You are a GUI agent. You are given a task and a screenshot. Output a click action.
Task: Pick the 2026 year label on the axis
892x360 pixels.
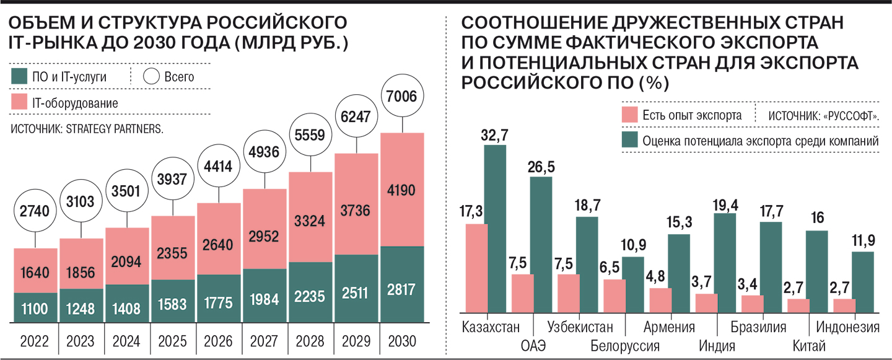(x=219, y=341)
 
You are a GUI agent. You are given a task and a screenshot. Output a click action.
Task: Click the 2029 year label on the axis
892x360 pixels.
(x=356, y=341)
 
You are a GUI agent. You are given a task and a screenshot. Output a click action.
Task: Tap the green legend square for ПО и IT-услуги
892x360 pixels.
(x=19, y=77)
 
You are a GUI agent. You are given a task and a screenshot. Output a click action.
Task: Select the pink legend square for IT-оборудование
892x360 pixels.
(x=19, y=102)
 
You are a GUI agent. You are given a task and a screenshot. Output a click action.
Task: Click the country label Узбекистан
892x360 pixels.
(x=579, y=327)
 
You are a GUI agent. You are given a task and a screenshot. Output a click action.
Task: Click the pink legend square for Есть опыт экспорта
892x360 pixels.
(x=629, y=115)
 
